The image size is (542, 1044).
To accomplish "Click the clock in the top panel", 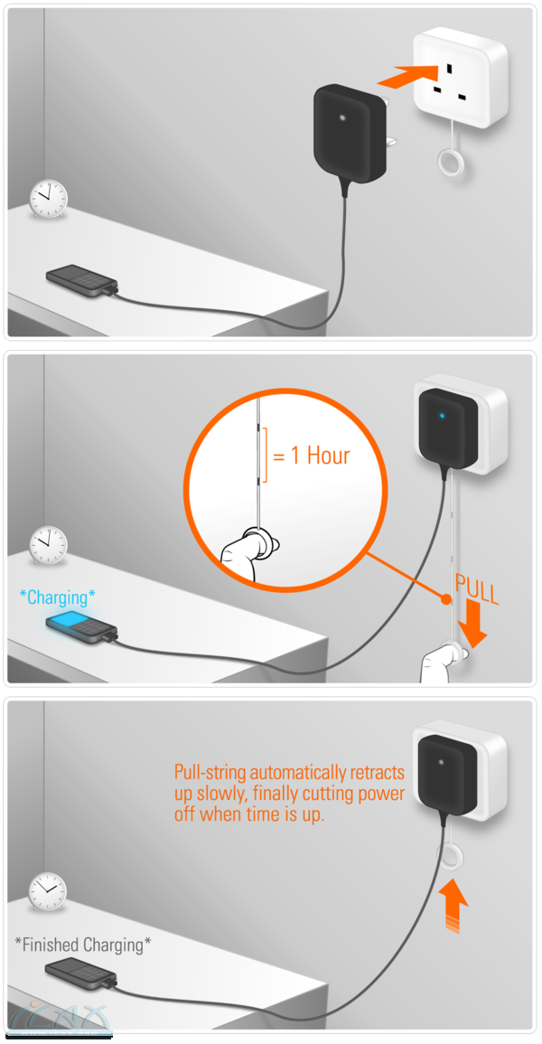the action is coord(49,198).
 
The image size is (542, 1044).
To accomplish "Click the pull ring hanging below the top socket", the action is coord(450,161).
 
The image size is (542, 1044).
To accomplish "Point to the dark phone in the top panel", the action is coord(82,282).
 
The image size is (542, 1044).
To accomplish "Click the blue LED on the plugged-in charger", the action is coord(441,417).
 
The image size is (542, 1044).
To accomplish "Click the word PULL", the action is coord(476,589).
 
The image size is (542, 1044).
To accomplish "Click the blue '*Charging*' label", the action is coord(57,597).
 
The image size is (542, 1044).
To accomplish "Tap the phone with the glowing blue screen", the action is coord(82,629).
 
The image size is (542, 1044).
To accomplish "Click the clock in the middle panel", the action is coord(49,545).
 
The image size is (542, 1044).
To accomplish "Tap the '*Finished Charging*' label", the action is coord(82,945).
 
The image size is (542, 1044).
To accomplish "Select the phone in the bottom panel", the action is coord(82,974).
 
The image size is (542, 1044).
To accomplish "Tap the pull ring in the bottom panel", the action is coord(450,859).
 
